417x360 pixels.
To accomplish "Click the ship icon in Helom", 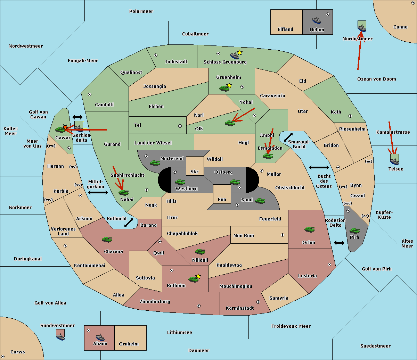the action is [x=317, y=20].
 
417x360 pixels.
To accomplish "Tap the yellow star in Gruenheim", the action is [x=229, y=85].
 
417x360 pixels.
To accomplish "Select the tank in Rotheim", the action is [x=193, y=279].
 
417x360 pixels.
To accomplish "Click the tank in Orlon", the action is [x=310, y=229].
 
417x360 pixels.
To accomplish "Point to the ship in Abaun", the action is [x=100, y=337].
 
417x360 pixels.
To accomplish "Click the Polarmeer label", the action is [x=141, y=11].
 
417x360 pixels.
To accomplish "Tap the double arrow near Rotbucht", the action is [x=129, y=223].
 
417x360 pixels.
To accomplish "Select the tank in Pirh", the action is [x=355, y=231].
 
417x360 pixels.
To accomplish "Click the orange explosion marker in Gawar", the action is [x=65, y=127].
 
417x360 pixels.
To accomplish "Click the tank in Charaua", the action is [x=107, y=240].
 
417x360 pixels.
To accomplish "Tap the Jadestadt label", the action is [x=176, y=61].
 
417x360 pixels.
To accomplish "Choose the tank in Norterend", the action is [x=155, y=163].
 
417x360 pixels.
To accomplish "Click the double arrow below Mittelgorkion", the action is [x=98, y=192].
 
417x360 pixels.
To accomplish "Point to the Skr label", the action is [x=194, y=171].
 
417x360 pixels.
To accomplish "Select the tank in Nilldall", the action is [x=200, y=252].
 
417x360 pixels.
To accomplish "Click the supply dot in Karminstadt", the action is [x=258, y=302].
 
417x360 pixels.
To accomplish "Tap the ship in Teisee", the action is [x=394, y=161].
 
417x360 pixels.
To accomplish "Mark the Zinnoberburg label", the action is [x=155, y=301].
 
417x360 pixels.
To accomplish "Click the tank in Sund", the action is [x=260, y=201].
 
